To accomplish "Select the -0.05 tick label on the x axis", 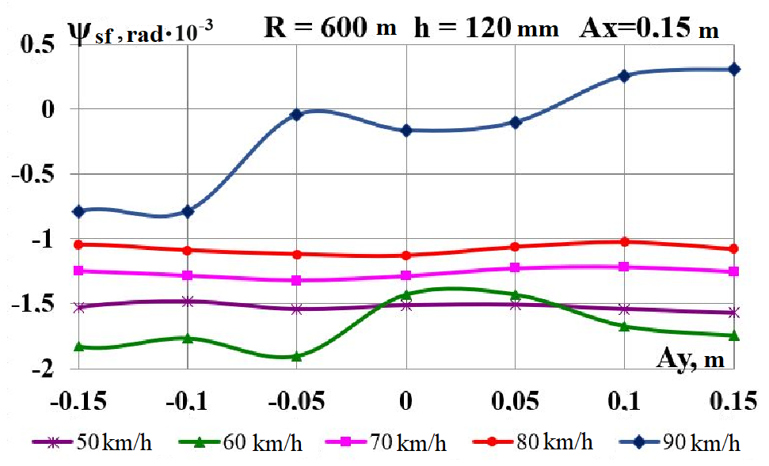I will click(296, 402).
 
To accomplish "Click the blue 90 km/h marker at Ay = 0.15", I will click(734, 70).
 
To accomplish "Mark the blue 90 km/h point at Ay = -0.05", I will click(297, 115).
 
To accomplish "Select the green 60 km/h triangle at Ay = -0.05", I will click(297, 356).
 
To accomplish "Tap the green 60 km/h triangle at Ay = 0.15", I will click(734, 335).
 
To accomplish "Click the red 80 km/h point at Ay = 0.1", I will click(624, 242).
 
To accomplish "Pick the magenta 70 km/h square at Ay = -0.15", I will click(79, 271).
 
